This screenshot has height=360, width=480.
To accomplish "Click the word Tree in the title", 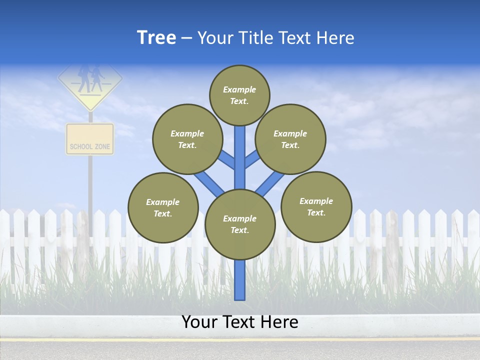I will (156, 38).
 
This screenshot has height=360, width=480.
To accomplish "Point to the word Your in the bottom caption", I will (199, 322).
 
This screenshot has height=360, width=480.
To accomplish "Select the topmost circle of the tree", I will (239, 95).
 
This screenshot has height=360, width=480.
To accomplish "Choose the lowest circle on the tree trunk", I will (240, 224).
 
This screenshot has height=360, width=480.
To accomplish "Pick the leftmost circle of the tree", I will (163, 207).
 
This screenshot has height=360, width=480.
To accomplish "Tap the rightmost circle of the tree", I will (316, 207).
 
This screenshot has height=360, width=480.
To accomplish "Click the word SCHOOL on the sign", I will (81, 147).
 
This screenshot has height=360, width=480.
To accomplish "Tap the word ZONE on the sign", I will (102, 147).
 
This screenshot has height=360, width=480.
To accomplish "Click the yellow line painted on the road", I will (240, 339).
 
